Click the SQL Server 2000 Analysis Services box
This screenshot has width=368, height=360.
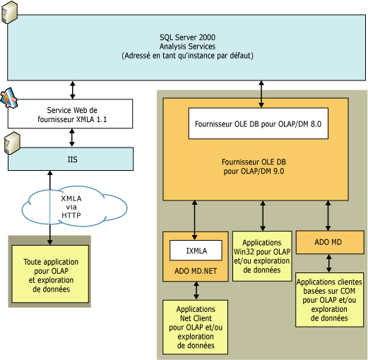187,45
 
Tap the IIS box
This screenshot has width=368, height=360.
71,160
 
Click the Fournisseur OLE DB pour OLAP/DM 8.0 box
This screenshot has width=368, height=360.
256,124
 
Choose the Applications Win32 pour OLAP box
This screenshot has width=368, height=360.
262,256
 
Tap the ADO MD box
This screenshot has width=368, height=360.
328,242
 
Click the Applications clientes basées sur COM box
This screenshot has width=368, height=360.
328,299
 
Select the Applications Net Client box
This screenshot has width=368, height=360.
196,326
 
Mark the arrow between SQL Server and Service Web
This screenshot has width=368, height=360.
71,88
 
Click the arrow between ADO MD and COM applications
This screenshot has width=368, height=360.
328,263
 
